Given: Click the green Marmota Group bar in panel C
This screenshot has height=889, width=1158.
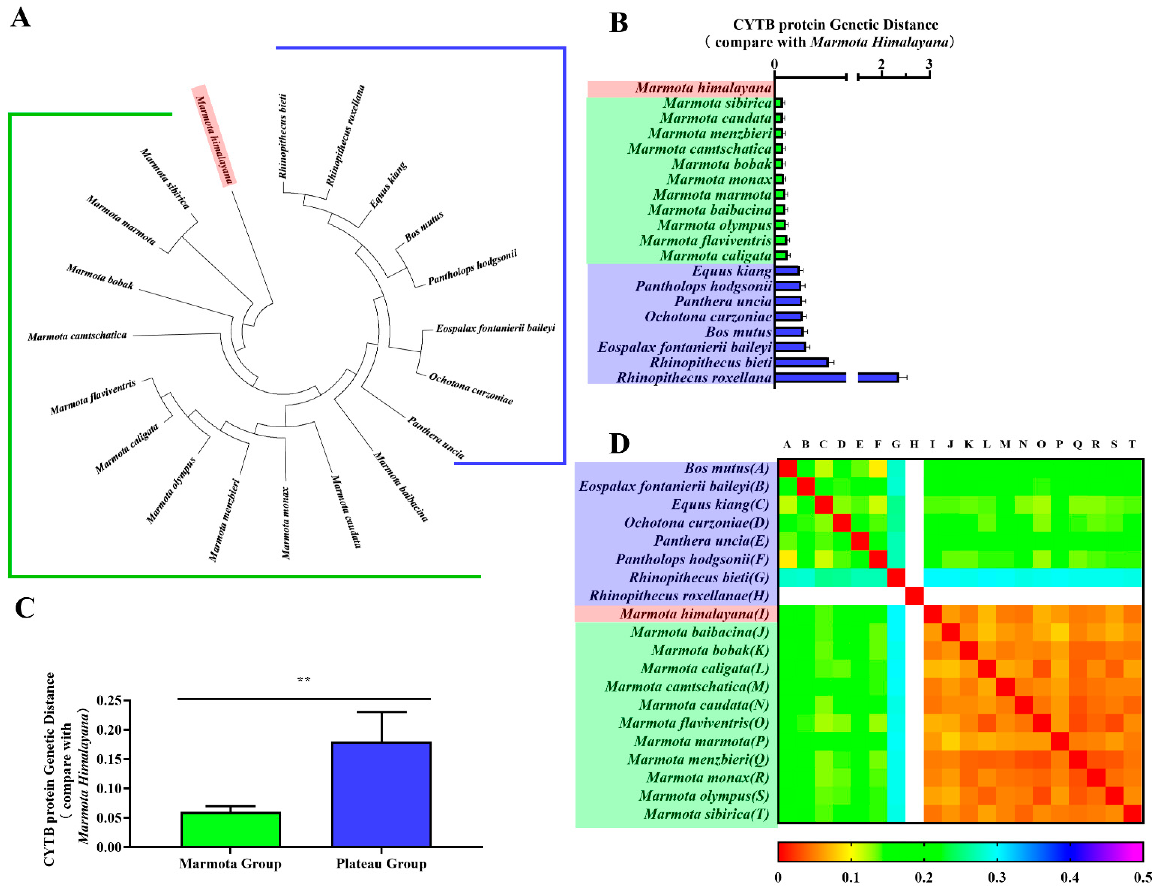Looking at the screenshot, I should click(231, 829).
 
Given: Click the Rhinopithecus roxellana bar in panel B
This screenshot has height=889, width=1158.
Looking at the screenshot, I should click(835, 377).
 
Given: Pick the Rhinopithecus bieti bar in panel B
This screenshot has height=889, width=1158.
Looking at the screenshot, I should click(801, 362).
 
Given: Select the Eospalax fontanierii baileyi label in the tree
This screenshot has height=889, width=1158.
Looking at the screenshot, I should click(495, 328).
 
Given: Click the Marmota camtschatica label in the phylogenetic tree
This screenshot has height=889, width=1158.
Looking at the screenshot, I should click(77, 336).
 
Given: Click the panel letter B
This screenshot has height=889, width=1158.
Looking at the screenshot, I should click(619, 23).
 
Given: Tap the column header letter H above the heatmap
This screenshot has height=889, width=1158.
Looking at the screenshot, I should click(914, 444).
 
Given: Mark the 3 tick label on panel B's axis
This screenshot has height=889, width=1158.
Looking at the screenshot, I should click(929, 64).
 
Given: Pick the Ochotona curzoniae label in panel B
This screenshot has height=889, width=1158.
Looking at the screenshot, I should click(708, 316).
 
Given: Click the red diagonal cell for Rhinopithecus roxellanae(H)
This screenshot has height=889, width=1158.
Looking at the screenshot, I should click(914, 595).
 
